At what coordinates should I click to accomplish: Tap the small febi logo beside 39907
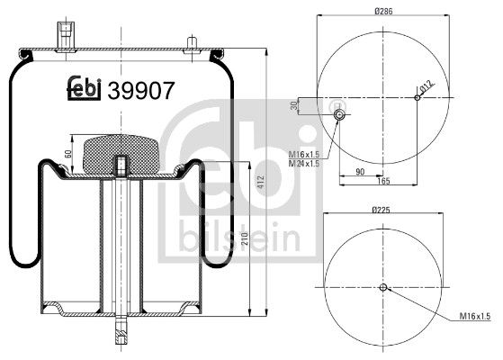pos(85,88)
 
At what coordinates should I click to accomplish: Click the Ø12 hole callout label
pos(426,88)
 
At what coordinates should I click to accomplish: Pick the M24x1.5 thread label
pos(305,163)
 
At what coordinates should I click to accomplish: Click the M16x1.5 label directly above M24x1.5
pos(305,154)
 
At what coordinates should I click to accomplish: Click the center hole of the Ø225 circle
pos(382,288)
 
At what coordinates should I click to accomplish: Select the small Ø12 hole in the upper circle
pos(416,96)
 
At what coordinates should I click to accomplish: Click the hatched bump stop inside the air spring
pos(121,152)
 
